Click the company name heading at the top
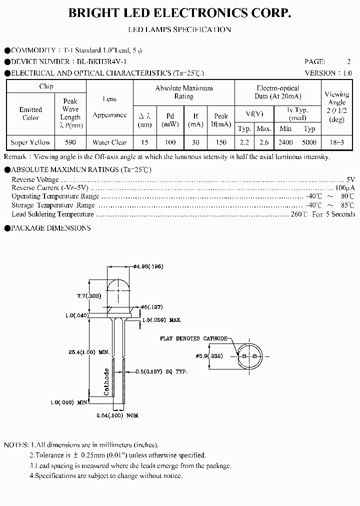179,14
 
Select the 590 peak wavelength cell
70,142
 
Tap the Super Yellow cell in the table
30,142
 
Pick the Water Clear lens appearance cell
109,142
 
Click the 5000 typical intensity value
309,142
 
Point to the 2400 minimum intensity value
285,142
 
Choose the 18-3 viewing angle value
336,142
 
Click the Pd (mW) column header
170,120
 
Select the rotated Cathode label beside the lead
106,381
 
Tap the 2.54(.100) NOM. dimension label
118,415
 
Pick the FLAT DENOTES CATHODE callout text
193,338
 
